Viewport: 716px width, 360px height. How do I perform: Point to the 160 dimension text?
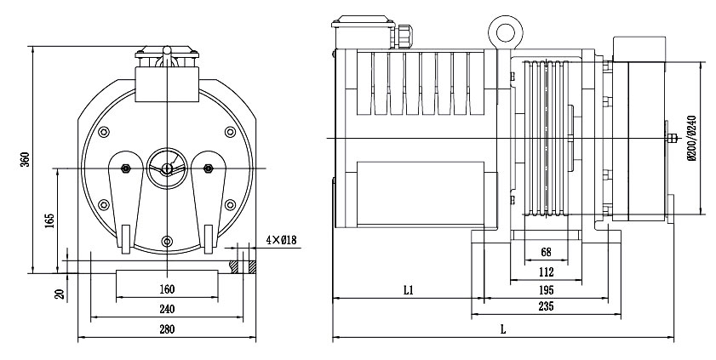[x=167, y=289]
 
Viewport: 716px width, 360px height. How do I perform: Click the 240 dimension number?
[x=167, y=309]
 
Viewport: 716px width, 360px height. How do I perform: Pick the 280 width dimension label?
[x=167, y=329]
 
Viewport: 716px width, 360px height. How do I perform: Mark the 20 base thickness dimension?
[x=60, y=294]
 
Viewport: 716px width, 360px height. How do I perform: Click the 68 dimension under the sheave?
[x=546, y=252]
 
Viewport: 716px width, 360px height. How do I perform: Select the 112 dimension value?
[x=546, y=272]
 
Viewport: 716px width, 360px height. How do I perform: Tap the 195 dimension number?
[x=546, y=290]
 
